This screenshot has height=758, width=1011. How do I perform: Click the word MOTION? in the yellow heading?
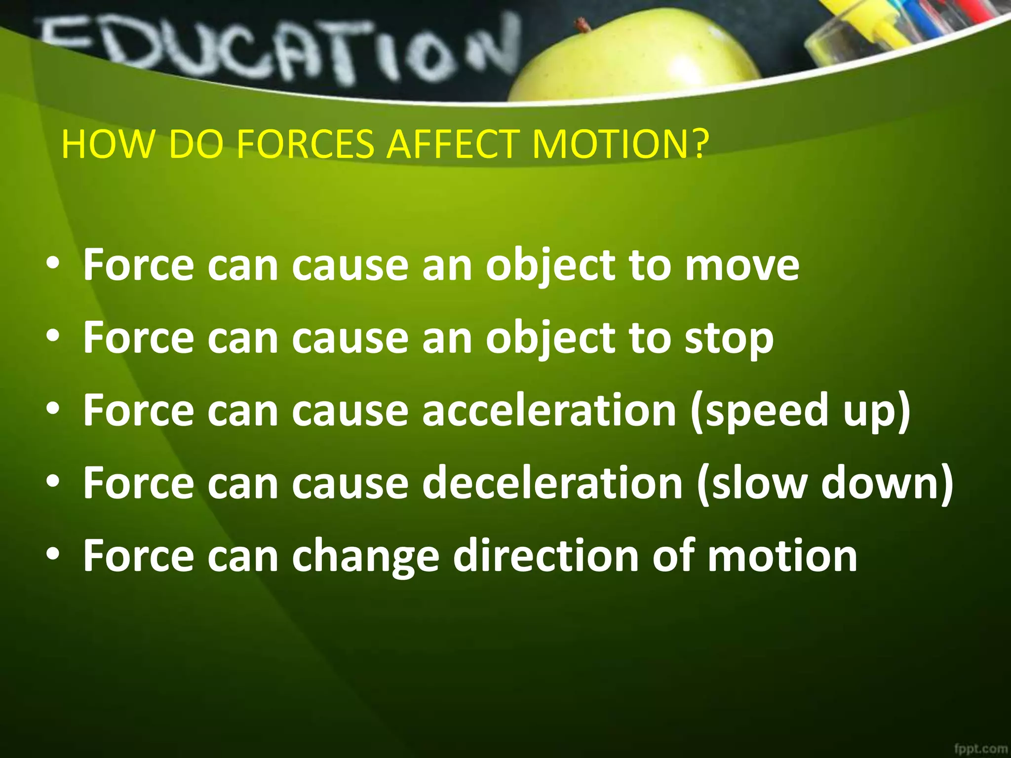pos(621,144)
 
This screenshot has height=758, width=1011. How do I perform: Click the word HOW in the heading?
pos(107,144)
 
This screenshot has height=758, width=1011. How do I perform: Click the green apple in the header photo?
pos(637,59)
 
